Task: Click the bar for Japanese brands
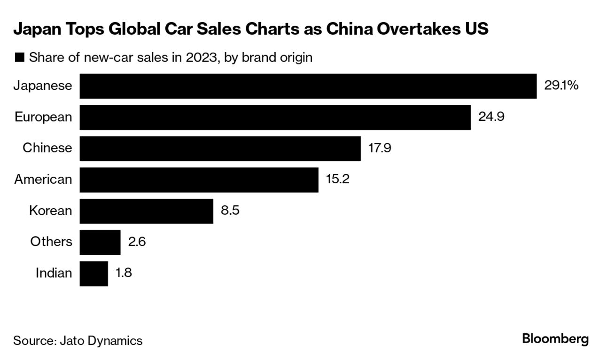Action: click(308, 86)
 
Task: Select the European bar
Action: click(275, 117)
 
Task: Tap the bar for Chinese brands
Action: click(220, 149)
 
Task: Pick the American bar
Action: click(199, 180)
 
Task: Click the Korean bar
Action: click(146, 211)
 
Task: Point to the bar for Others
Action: click(100, 242)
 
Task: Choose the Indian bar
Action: click(93, 273)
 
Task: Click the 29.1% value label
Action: click(561, 86)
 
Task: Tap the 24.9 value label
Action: click(491, 117)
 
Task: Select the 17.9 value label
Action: click(380, 148)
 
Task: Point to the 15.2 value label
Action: click(337, 179)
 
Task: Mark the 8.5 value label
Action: click(230, 210)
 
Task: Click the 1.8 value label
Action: click(124, 273)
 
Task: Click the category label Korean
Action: click(51, 211)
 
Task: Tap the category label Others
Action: click(51, 242)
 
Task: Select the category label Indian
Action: click(54, 273)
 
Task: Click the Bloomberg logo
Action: click(555, 339)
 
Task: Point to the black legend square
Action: click(20, 58)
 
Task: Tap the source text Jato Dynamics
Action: click(101, 340)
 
